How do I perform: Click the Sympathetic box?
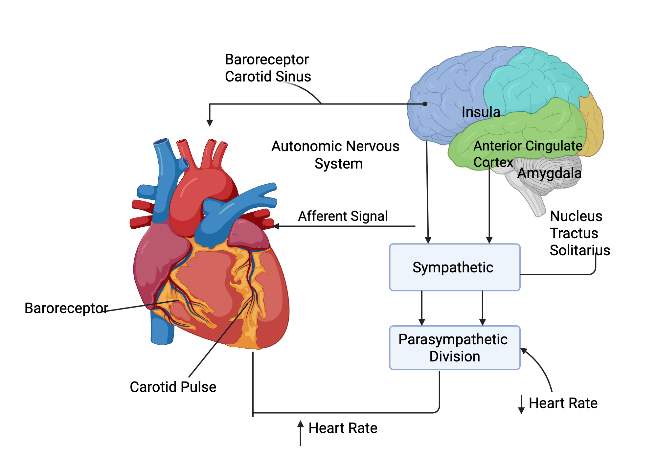coord(454,267)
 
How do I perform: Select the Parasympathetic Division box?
coord(454,348)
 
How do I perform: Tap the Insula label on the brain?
coord(481,112)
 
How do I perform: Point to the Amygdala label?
coord(549,173)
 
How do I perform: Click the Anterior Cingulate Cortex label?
coord(527,154)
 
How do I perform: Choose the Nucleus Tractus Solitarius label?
coord(579,233)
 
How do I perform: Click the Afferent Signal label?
coord(343,216)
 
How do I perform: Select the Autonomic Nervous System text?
coord(335,155)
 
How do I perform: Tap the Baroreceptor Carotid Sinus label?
coord(268,68)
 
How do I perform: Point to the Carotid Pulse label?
coord(173,387)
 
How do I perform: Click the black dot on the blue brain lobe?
coord(425,104)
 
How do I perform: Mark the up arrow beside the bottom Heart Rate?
coord(300,425)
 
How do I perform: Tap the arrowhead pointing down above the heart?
coord(210,123)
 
